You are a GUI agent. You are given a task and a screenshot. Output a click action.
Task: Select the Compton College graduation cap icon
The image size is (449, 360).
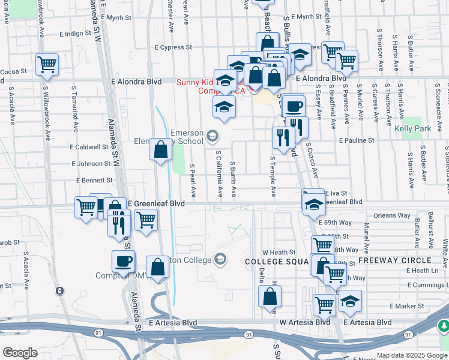click(x=220, y=259)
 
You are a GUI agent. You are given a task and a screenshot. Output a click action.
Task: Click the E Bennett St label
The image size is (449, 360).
click(x=95, y=180)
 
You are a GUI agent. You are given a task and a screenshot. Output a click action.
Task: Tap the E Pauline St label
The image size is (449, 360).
click(x=356, y=140)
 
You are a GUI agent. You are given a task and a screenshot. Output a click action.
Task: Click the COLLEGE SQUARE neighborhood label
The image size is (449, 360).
click(x=277, y=262)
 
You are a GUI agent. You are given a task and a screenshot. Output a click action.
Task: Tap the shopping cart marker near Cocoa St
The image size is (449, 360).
click(x=47, y=64)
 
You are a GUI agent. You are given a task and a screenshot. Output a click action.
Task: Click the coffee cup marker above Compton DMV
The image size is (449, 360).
click(x=124, y=262)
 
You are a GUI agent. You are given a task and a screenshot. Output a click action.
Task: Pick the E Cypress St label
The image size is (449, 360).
click(x=173, y=47)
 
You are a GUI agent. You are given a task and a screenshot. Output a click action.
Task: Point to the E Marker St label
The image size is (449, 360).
click(x=407, y=306)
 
